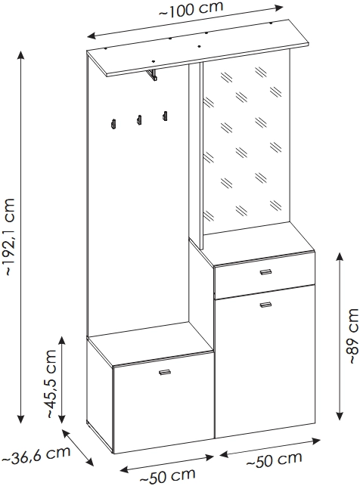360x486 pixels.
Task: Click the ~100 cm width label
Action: (191, 9)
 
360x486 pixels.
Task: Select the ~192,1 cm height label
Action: (8, 237)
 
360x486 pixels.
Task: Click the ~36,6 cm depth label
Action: (36, 455)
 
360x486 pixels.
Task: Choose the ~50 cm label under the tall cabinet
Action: (274, 460)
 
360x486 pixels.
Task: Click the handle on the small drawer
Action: (265, 272)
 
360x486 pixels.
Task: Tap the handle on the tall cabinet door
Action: (265, 305)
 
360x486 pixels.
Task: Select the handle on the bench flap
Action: (165, 373)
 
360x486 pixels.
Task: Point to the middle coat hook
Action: (139, 119)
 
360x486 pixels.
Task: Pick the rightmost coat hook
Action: (165, 116)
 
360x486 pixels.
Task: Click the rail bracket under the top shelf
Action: (151, 76)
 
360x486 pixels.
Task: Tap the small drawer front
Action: (265, 276)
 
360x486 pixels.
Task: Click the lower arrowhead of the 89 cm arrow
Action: (340, 416)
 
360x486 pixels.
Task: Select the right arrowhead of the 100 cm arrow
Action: (278, 8)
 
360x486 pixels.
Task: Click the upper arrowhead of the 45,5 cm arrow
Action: (62, 341)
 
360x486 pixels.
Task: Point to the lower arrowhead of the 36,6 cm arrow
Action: (89, 461)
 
